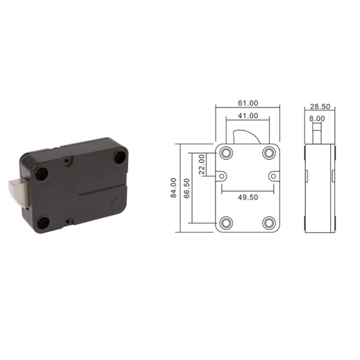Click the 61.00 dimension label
tap(248, 103)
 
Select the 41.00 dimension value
tap(248, 116)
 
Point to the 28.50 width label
tap(320, 107)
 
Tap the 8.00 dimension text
tap(317, 119)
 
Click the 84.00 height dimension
tap(174, 188)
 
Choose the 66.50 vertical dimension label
tap(187, 188)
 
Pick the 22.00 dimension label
tap(202, 164)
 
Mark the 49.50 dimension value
tap(248, 197)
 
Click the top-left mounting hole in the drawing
tap(226, 153)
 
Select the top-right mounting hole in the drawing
tap(269, 153)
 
